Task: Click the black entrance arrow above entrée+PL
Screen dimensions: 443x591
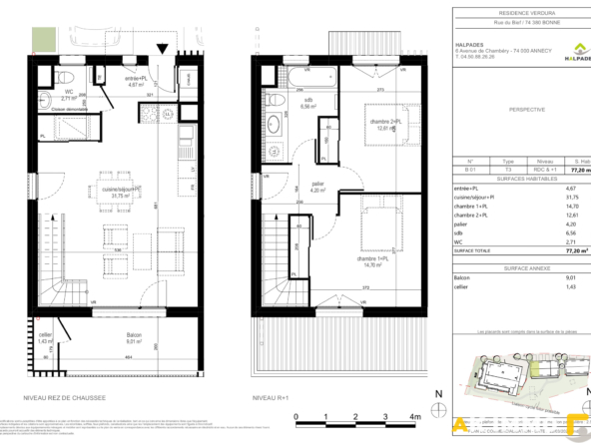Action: point(162,49)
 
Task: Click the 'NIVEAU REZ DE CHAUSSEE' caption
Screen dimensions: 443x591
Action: point(65,397)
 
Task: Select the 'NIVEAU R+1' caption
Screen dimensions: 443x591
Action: point(271,397)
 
